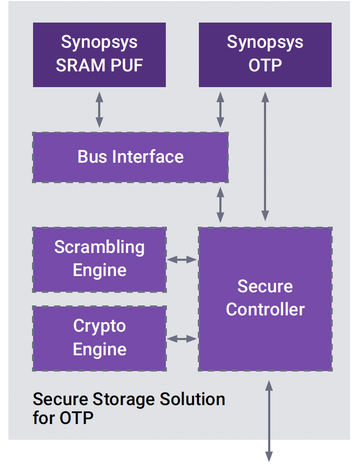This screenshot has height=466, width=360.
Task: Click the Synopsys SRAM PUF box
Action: click(99, 55)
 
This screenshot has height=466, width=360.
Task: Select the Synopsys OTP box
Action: click(265, 55)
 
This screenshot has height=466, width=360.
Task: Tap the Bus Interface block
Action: click(130, 157)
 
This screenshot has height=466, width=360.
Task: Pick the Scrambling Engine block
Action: click(99, 259)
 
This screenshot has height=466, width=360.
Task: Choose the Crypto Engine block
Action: click(99, 338)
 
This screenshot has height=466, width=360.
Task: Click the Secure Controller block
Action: click(265, 299)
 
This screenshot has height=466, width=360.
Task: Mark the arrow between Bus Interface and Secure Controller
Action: click(220, 205)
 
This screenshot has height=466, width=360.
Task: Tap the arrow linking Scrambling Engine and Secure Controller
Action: click(182, 259)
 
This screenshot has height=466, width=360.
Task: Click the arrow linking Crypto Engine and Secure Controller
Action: click(182, 338)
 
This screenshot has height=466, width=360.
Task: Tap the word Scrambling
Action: click(99, 247)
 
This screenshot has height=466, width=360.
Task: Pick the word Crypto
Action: click(99, 326)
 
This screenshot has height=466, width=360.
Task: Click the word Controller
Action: click(265, 309)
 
